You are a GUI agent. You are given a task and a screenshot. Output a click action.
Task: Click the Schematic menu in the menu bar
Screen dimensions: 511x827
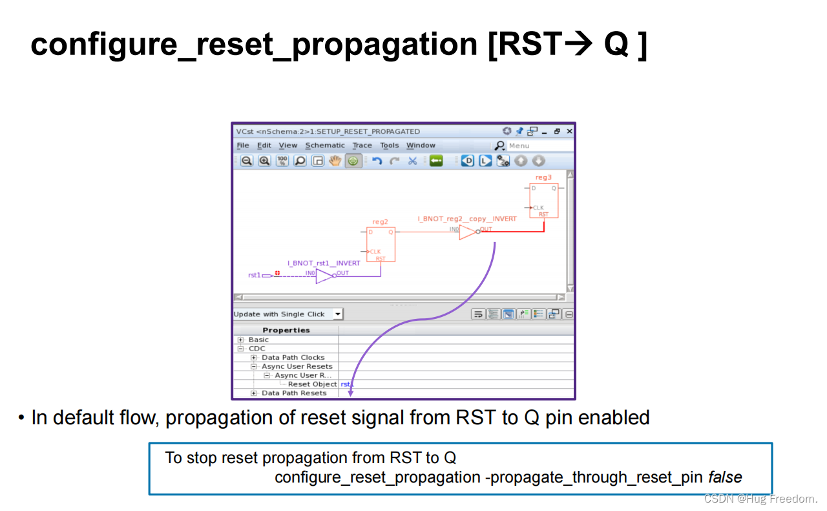tap(325, 146)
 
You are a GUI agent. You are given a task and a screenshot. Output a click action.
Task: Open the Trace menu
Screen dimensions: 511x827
tap(362, 146)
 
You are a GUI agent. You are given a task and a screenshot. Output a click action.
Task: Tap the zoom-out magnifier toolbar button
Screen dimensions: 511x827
tap(247, 161)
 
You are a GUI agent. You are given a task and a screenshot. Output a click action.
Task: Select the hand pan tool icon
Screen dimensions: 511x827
tap(335, 161)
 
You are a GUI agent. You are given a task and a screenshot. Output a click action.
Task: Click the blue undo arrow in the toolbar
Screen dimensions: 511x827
tap(377, 161)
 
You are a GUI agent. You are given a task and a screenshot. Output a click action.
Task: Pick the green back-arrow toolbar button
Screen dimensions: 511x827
tap(436, 161)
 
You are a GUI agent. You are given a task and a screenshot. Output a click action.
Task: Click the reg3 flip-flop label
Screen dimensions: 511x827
tap(543, 177)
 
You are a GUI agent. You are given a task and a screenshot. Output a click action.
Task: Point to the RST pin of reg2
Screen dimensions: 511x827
tap(381, 258)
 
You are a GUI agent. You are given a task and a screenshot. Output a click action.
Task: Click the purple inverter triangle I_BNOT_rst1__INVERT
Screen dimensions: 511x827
tap(324, 276)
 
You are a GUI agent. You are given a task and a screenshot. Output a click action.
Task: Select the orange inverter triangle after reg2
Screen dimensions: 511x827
tap(468, 232)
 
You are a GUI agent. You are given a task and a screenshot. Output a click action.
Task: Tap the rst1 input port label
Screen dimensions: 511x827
tap(255, 276)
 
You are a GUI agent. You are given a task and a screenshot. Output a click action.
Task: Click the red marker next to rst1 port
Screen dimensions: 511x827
tap(277, 274)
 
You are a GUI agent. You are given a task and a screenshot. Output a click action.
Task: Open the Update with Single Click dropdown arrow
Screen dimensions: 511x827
tap(337, 314)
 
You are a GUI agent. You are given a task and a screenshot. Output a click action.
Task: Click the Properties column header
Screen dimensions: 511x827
tap(286, 330)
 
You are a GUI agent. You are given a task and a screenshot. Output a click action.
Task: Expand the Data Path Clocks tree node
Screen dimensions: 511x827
tap(254, 358)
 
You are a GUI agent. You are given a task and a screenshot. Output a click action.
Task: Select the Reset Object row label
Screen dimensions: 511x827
tap(312, 384)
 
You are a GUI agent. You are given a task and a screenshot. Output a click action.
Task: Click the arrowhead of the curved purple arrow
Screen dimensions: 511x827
tap(351, 392)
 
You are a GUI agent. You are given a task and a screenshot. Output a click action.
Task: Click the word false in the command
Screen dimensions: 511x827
tap(725, 478)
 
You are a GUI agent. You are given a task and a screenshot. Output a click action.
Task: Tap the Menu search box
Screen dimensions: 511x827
tap(539, 146)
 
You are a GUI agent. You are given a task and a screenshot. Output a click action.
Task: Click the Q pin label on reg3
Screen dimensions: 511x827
tap(554, 188)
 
